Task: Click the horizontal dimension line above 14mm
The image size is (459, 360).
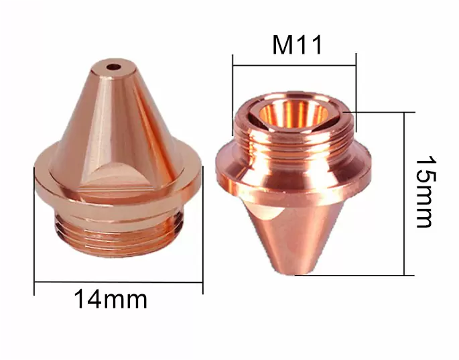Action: pyautogui.click(x=118, y=283)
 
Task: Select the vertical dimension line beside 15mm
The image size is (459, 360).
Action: pyautogui.click(x=405, y=194)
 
